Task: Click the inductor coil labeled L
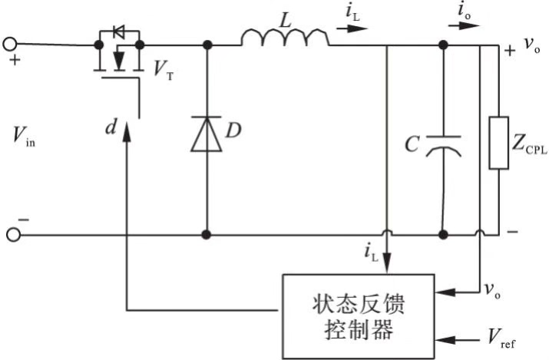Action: point(285,38)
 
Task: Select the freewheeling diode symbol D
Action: point(207,134)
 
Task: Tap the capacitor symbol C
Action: point(443,146)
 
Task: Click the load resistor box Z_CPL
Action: point(498,143)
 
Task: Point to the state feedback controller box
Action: point(359,316)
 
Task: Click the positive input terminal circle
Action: point(10,44)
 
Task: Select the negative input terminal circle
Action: point(14,234)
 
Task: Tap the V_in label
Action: point(24,136)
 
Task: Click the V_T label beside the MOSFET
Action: point(164,70)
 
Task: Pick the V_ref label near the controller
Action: point(501,339)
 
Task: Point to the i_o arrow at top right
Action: point(464,25)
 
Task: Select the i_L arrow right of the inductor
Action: point(352,28)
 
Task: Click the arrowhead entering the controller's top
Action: point(386,263)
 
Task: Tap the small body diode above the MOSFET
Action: point(119,32)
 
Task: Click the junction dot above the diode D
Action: point(207,45)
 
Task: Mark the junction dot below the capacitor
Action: point(443,234)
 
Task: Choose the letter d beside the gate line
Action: point(111,127)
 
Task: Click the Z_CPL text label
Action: point(529,144)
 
